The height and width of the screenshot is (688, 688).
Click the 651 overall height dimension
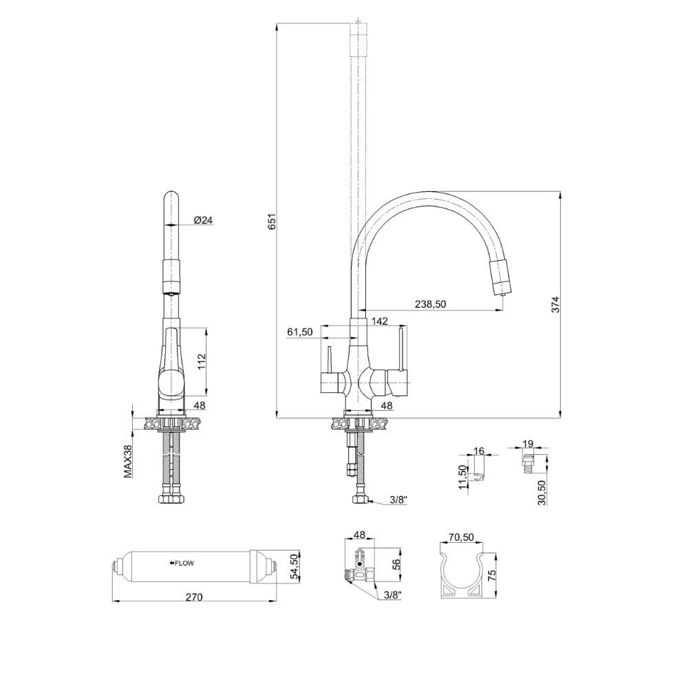pos(272,222)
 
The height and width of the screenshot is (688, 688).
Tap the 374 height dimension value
pos(556,305)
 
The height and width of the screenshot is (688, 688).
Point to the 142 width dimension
pos(379,321)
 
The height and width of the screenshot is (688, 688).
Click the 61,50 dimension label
pos(299,332)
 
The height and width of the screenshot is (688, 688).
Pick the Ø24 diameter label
pos(204,220)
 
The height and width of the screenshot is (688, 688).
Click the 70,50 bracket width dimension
pos(461,537)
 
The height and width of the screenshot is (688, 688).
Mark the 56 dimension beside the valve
pos(396,564)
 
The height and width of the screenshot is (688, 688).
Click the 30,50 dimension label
pos(542,493)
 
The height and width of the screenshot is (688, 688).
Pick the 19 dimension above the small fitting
pos(528,444)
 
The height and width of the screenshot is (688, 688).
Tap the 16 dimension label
pos(479,451)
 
